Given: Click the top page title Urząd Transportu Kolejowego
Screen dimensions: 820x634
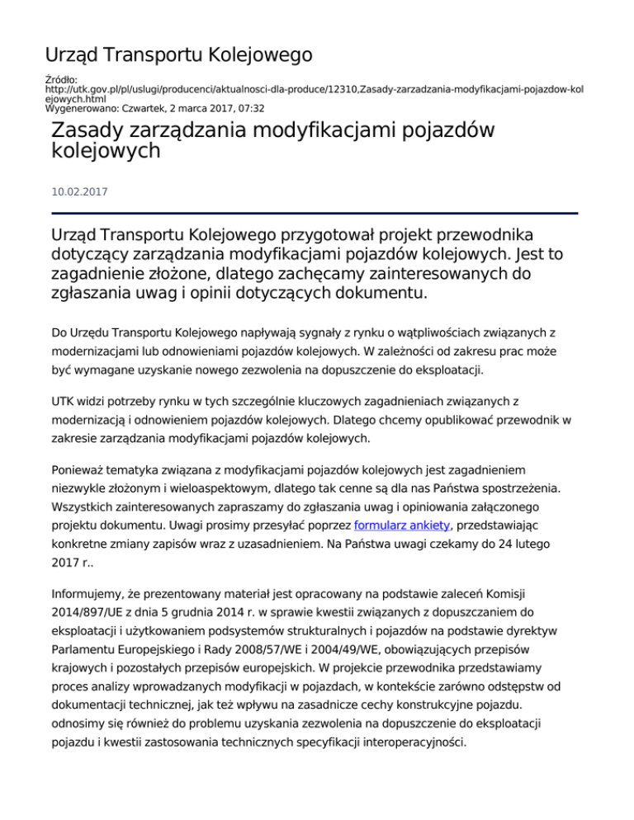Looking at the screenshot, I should tap(178, 55).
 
